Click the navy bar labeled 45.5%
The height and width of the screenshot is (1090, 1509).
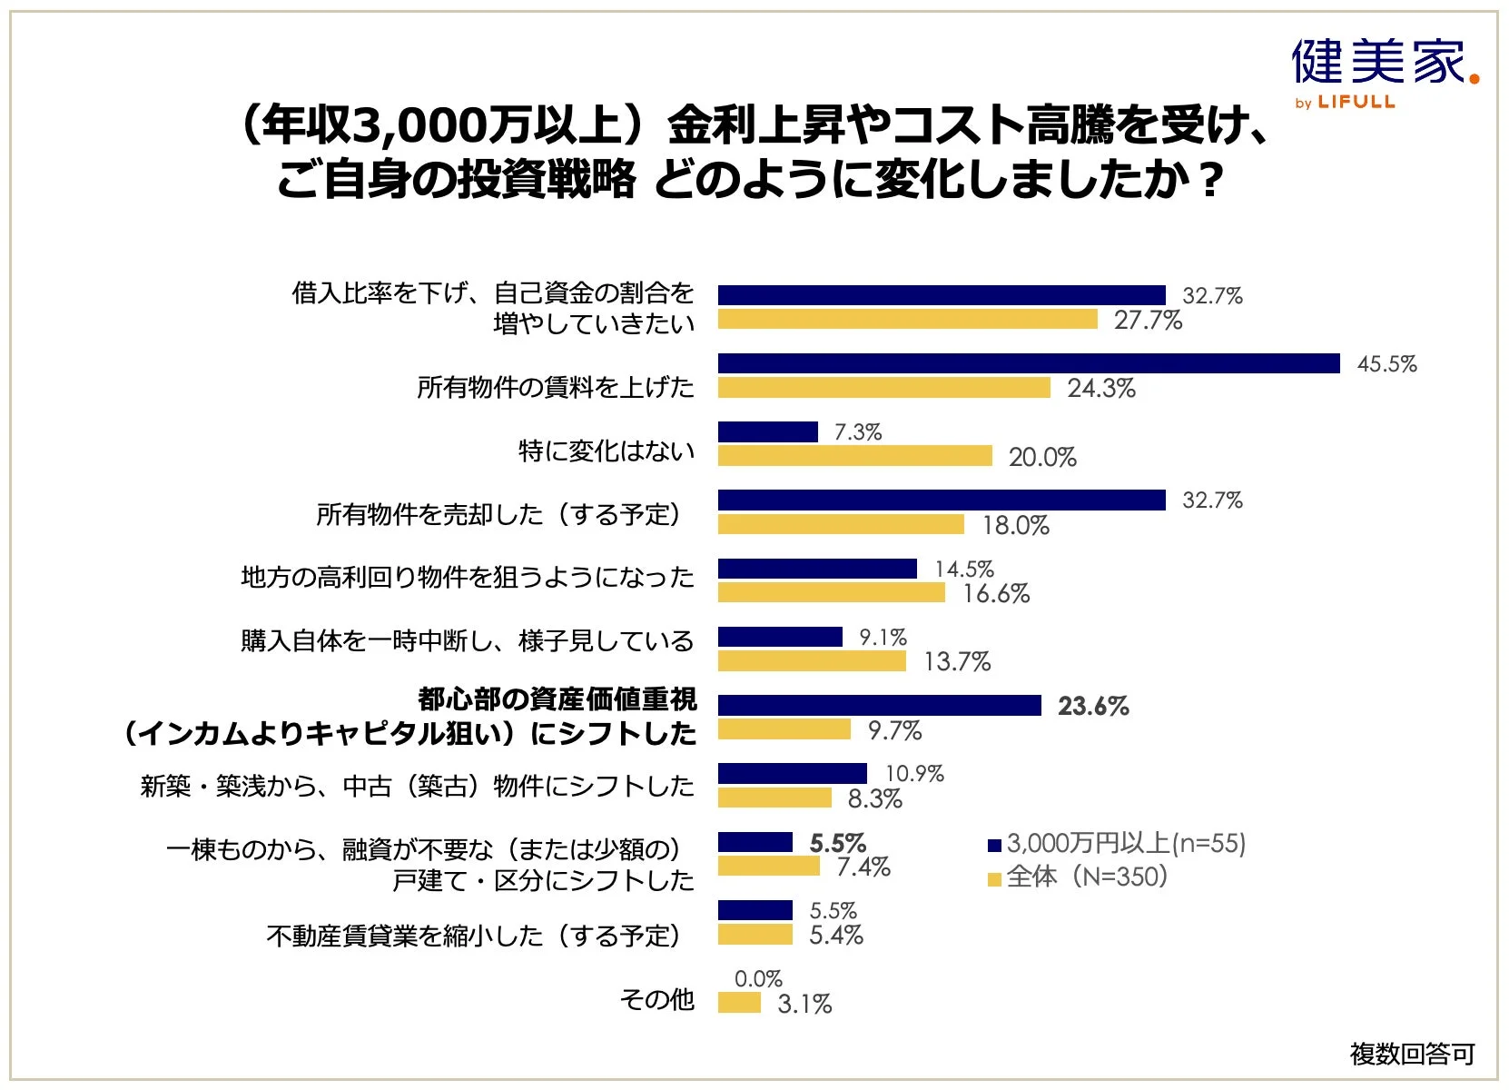pos(1029,363)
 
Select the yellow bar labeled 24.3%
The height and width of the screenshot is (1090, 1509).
pos(883,388)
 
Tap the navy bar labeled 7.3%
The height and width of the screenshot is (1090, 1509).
pos(767,431)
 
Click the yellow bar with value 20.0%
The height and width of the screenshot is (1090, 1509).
pos(854,456)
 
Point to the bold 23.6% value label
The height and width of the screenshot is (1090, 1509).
pos(1093,706)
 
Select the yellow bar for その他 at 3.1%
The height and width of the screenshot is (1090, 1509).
pos(739,1003)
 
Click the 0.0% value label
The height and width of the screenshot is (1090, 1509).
pos(758,978)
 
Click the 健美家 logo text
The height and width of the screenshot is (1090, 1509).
pos(1378,62)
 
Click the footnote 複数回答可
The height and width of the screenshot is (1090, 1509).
pos(1412,1054)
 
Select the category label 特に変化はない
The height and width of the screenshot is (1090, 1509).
pos(606,451)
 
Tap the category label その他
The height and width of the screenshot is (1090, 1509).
pos(656,999)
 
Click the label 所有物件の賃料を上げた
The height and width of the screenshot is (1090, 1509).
pos(555,387)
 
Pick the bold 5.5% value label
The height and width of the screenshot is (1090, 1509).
pos(837,843)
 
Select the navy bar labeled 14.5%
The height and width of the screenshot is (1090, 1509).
pos(817,569)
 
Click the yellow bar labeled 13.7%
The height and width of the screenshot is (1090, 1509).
pos(812,661)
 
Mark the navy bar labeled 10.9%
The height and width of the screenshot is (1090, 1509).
pos(792,773)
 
